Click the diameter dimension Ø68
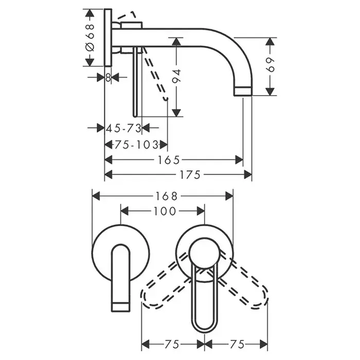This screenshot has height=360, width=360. pos(90,38)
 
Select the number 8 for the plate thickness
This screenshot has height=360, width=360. pos(108,77)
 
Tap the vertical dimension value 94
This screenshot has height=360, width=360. pos(176,77)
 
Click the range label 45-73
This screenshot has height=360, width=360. pos(123,128)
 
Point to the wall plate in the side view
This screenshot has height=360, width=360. pos(108,37)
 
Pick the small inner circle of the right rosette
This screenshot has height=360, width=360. pos(205,254)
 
